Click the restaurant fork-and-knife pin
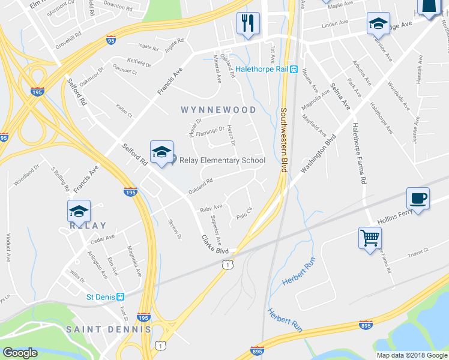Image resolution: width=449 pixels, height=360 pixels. coord(247,24)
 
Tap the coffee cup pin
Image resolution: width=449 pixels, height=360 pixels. coord(418,199)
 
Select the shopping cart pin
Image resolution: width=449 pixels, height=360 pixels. coord(370,238)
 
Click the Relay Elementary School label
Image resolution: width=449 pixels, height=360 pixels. coord(223,160)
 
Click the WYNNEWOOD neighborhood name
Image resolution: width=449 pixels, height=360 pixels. coord(218,110)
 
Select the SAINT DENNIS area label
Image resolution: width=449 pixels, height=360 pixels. coord(108,329)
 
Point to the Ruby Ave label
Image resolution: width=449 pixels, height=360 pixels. coord(211,208)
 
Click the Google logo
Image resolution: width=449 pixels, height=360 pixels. coord(20,353)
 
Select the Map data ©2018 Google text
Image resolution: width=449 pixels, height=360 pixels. coord(411,355)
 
